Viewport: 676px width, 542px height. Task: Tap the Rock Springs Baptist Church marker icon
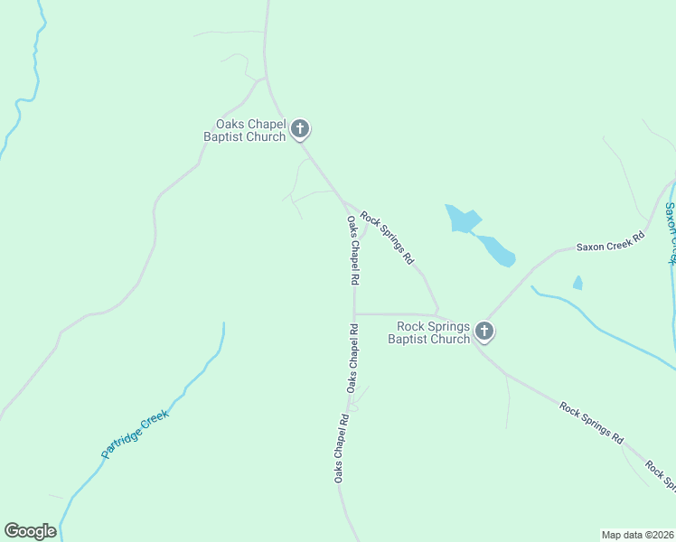pos(484,332)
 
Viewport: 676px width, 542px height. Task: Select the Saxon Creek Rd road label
pos(611,241)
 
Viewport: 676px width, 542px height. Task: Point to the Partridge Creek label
pos(136,434)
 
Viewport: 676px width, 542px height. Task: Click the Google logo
pos(30,531)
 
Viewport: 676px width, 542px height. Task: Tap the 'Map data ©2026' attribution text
pos(637,534)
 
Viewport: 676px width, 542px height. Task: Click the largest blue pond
pos(463,220)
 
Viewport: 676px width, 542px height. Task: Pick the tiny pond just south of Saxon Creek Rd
pos(577,283)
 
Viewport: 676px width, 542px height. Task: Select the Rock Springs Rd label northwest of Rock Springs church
pos(387,237)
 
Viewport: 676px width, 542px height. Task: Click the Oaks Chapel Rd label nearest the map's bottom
pos(340,447)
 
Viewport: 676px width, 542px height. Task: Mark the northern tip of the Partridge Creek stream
pos(223,323)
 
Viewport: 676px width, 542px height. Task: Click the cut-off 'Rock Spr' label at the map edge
pos(660,475)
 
